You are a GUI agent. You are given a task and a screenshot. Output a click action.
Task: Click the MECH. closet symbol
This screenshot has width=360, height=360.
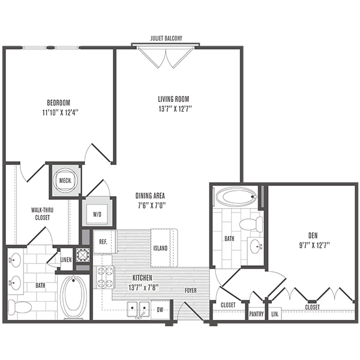pyautogui.click(x=64, y=179)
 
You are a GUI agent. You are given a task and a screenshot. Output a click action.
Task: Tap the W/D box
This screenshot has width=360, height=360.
pyautogui.click(x=98, y=214)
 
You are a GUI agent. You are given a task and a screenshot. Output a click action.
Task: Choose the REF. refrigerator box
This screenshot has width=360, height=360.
pyautogui.click(x=103, y=241)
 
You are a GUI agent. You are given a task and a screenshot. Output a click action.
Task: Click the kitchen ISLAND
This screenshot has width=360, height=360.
pyautogui.click(x=160, y=247)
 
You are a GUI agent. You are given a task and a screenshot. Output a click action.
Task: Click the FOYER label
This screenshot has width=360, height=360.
pyautogui.click(x=190, y=290)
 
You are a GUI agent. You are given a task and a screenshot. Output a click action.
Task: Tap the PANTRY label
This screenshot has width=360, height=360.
pyautogui.click(x=256, y=313)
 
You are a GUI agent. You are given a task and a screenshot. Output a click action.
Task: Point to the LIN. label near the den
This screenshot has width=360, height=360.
pyautogui.click(x=275, y=313)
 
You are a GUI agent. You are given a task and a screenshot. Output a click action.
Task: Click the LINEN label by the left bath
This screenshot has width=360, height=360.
pyautogui.click(x=67, y=259)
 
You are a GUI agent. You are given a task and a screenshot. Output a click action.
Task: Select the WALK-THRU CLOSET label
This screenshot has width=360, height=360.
pyautogui.click(x=41, y=214)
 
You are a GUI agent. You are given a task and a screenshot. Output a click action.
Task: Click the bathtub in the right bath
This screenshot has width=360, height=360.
pyautogui.click(x=235, y=196)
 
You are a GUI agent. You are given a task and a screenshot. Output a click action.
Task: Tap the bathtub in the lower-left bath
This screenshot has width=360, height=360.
pyautogui.click(x=74, y=296)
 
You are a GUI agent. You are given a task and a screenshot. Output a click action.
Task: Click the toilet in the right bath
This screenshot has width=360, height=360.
pyautogui.click(x=249, y=224)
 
